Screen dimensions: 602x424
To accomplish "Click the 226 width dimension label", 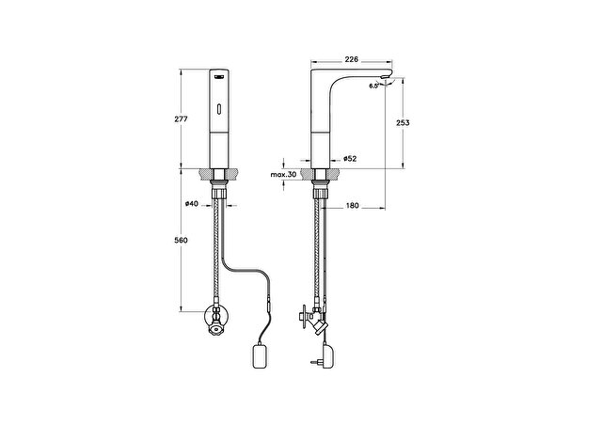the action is pos(351,59).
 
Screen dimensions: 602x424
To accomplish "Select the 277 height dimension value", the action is pos(182,119).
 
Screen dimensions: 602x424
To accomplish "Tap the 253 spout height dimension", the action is pos(403,123).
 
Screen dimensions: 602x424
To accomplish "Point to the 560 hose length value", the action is pos(182,240).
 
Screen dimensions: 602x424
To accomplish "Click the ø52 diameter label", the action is pos(350,159).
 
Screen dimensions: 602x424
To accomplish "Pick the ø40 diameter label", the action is pos(192,204).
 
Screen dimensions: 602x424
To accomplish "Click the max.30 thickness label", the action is pos(283,175).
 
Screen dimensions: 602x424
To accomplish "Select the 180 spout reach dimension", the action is pos(353,206).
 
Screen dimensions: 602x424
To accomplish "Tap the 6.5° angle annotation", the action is pos(374,86).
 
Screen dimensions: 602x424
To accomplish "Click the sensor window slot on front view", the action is pos(219,109).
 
